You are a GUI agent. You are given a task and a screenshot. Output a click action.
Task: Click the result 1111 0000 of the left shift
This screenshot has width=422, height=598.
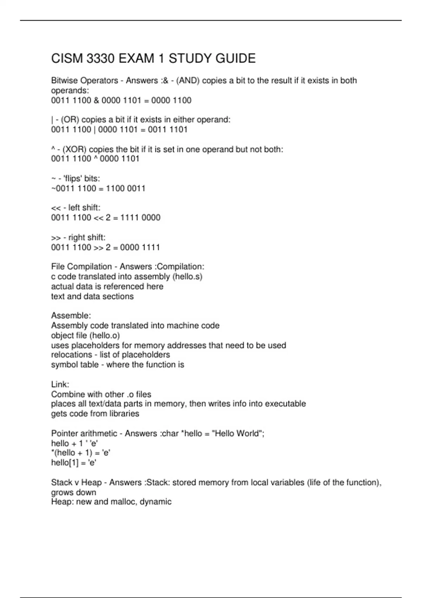[140, 218]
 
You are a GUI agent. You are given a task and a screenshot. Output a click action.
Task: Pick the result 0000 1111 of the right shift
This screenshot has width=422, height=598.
[140, 247]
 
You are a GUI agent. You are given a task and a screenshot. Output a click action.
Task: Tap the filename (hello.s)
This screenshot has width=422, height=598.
[187, 276]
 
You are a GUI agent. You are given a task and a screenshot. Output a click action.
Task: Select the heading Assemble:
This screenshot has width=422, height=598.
[71, 316]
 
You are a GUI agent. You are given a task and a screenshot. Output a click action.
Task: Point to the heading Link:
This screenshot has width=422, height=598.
[60, 384]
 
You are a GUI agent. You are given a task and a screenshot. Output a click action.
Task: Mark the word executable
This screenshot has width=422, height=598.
[285, 404]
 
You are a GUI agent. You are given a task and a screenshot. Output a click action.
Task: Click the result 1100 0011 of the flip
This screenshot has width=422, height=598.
[126, 189]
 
